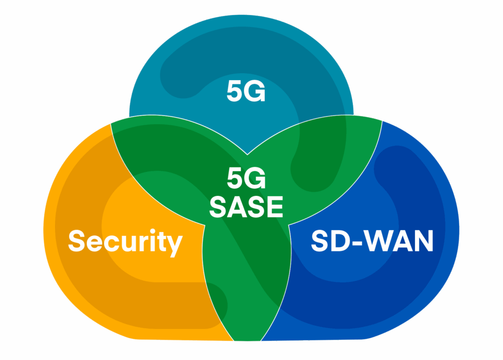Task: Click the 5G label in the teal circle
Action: tap(246, 92)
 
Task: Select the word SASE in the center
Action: tap(246, 207)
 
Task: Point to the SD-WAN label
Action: tap(372, 241)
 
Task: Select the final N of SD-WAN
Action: tap(423, 241)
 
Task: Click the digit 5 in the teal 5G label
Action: tap(235, 92)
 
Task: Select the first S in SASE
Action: tap(218, 207)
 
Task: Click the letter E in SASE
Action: tap(275, 207)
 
